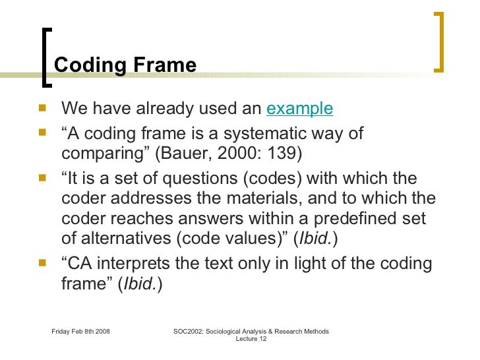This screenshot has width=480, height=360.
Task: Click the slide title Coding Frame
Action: click(x=125, y=65)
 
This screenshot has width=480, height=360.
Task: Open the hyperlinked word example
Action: click(x=299, y=108)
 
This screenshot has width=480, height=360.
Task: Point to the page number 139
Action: click(x=284, y=154)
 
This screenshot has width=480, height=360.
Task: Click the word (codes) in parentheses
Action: click(x=254, y=179)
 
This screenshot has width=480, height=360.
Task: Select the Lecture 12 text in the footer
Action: click(x=250, y=340)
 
